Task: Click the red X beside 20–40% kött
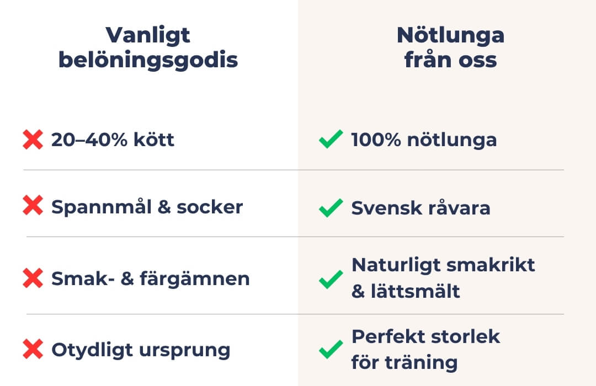[33, 140]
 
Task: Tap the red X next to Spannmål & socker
[33, 206]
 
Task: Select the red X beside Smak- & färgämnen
[33, 278]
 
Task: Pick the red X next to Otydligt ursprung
[33, 349]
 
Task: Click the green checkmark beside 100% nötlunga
[331, 139]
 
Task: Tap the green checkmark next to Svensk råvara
[331, 208]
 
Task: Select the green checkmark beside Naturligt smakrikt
[331, 279]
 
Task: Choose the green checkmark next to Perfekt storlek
[331, 349]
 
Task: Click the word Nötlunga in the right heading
[450, 35]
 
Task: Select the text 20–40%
[89, 140]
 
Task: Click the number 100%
[376, 140]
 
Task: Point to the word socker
[210, 207]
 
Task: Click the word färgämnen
[195, 278]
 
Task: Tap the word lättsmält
[416, 291]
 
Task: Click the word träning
[421, 362]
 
